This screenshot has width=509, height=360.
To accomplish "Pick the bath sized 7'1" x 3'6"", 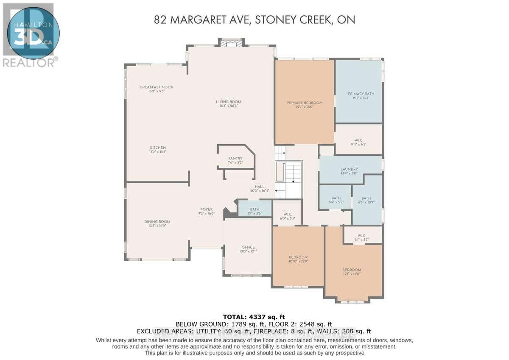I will [x=255, y=209].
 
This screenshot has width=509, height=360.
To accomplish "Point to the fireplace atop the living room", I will [x=232, y=43].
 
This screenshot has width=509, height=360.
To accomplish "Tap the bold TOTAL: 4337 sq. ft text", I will [x=254, y=317].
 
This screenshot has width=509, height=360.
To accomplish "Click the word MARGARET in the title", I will [x=216, y=19].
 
